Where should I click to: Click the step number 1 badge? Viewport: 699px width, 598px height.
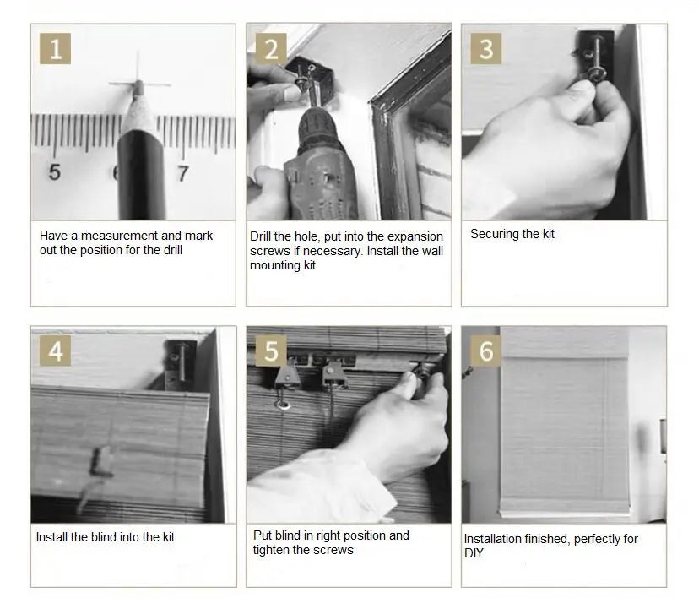coord(55,49)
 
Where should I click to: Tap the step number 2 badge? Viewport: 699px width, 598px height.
coord(271,49)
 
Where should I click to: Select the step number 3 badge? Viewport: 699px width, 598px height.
coord(486,49)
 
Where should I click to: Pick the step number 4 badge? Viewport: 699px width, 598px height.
coord(55,351)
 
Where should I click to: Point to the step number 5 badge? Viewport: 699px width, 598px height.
coord(271,351)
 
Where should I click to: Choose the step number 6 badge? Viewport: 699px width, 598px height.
coord(486,351)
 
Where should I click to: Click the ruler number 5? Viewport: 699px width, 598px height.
coord(54,172)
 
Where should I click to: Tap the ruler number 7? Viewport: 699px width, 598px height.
coord(183,173)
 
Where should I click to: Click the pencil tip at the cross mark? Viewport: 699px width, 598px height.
coord(139,83)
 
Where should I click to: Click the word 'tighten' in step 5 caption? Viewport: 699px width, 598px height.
coord(272,551)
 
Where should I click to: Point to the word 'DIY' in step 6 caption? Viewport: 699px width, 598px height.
coord(474,553)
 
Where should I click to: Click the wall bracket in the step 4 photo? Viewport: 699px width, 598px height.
coord(181,364)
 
